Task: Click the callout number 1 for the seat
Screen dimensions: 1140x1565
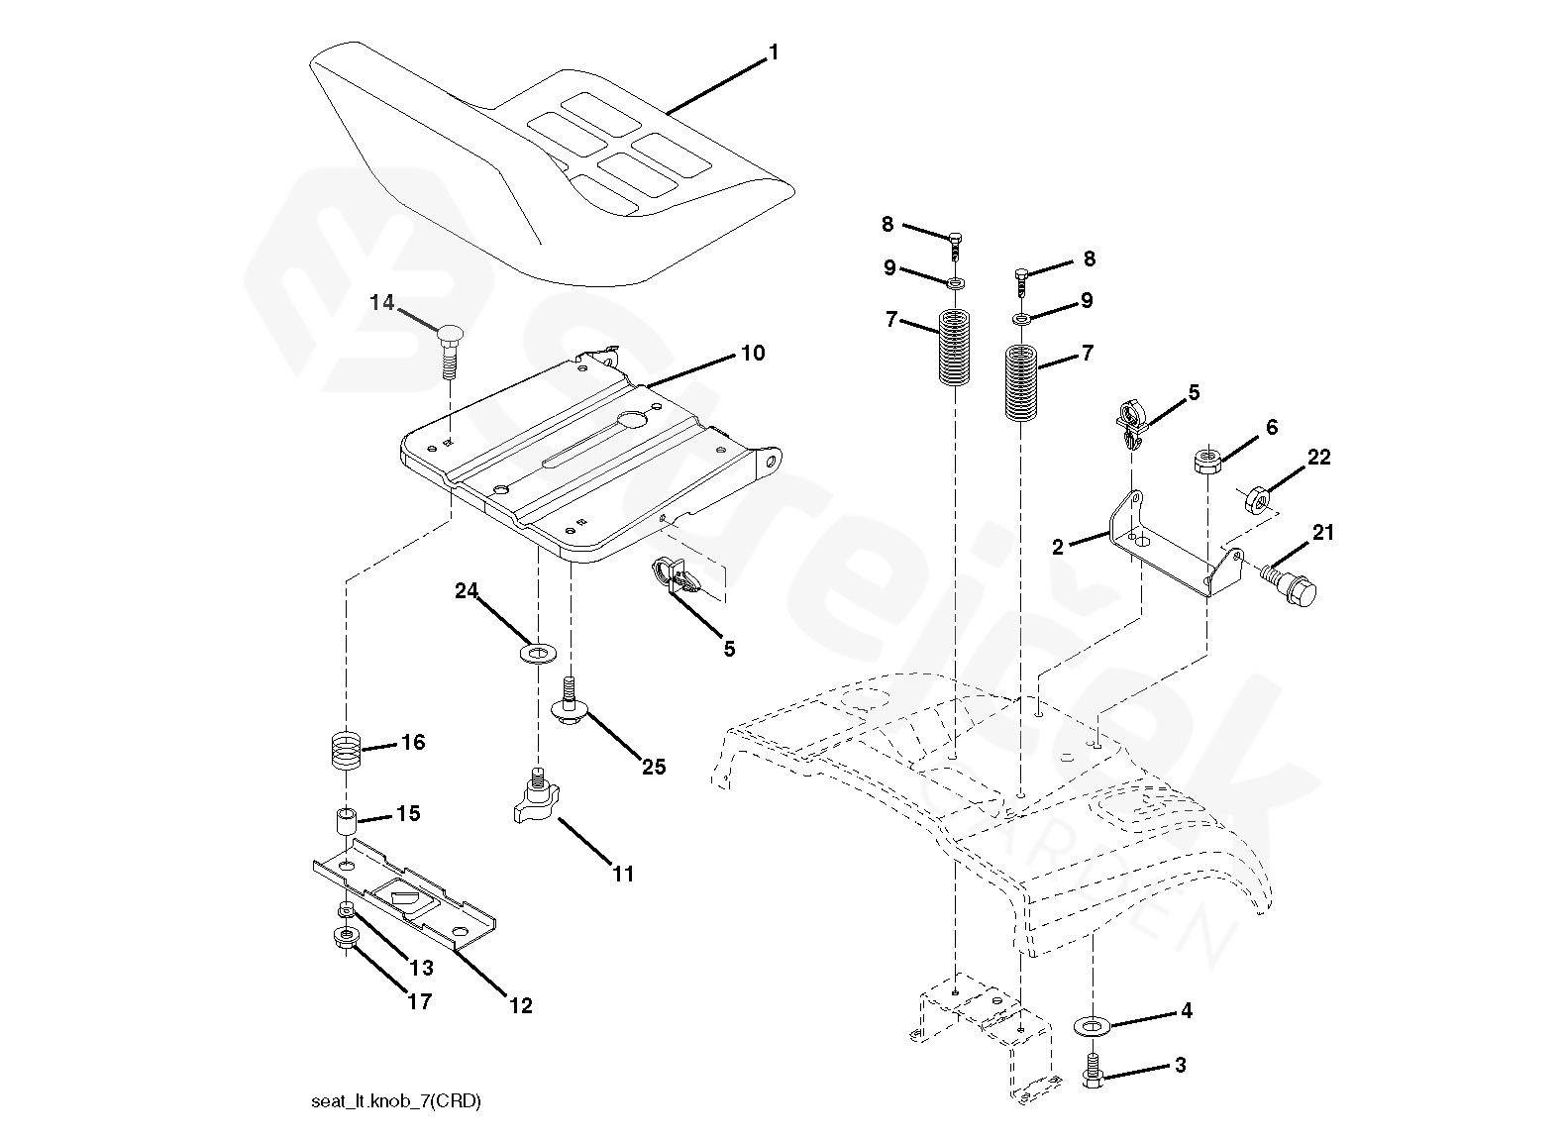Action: (774, 52)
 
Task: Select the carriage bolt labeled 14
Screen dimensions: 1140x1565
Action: (451, 347)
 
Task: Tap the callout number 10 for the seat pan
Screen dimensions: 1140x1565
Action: (753, 354)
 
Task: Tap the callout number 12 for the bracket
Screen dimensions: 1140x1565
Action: (520, 1005)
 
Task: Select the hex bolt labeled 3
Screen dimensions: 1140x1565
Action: (1094, 1071)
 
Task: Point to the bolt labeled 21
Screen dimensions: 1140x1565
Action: (1292, 587)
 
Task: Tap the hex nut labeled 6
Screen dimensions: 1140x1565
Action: (1205, 462)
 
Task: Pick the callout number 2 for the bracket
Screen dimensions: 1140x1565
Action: (1058, 546)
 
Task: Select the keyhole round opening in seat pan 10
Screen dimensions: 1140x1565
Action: (631, 420)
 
